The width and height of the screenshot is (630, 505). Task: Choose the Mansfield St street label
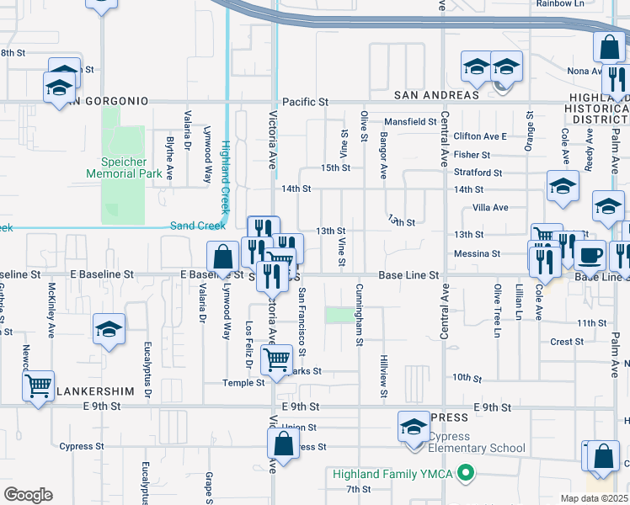click(x=411, y=121)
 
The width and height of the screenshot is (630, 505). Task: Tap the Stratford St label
click(x=478, y=173)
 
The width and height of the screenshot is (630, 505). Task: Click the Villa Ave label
click(x=490, y=207)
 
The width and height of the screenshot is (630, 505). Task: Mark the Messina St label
click(x=478, y=253)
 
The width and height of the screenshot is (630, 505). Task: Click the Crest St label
click(x=567, y=342)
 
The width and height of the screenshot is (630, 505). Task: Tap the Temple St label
click(x=243, y=382)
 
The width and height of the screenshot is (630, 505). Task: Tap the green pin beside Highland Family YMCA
click(x=463, y=474)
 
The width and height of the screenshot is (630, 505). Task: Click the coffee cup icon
click(x=590, y=253)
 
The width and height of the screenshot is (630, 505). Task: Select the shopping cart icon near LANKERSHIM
click(x=38, y=386)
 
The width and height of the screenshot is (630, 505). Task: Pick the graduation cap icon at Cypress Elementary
click(x=414, y=427)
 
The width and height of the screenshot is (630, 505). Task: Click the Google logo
click(x=28, y=495)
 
